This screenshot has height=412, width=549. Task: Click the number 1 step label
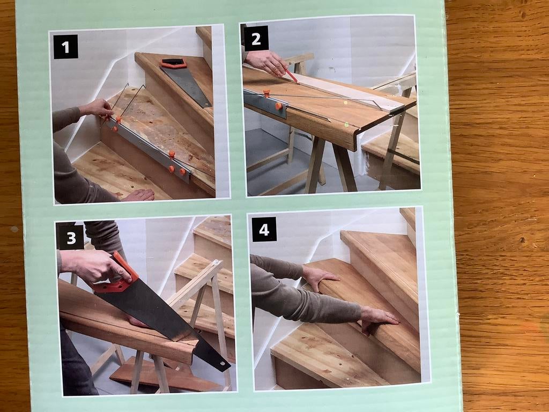pyautogui.click(x=65, y=47)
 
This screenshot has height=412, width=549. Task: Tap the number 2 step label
pyautogui.click(x=256, y=38)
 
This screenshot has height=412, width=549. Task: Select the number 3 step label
pyautogui.click(x=70, y=237)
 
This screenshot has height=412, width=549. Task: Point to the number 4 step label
pyautogui.click(x=264, y=229)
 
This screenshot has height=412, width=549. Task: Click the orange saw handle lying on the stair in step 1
pyautogui.click(x=173, y=63)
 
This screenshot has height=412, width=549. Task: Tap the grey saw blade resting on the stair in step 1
pyautogui.click(x=188, y=86)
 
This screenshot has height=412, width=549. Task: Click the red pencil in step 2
pyautogui.click(x=291, y=75)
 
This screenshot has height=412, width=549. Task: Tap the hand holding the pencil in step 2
pyautogui.click(x=268, y=62)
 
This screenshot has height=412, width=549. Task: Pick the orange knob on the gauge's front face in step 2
pyautogui.click(x=278, y=106)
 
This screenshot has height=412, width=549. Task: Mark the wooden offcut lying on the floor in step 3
pyautogui.click(x=161, y=378)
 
